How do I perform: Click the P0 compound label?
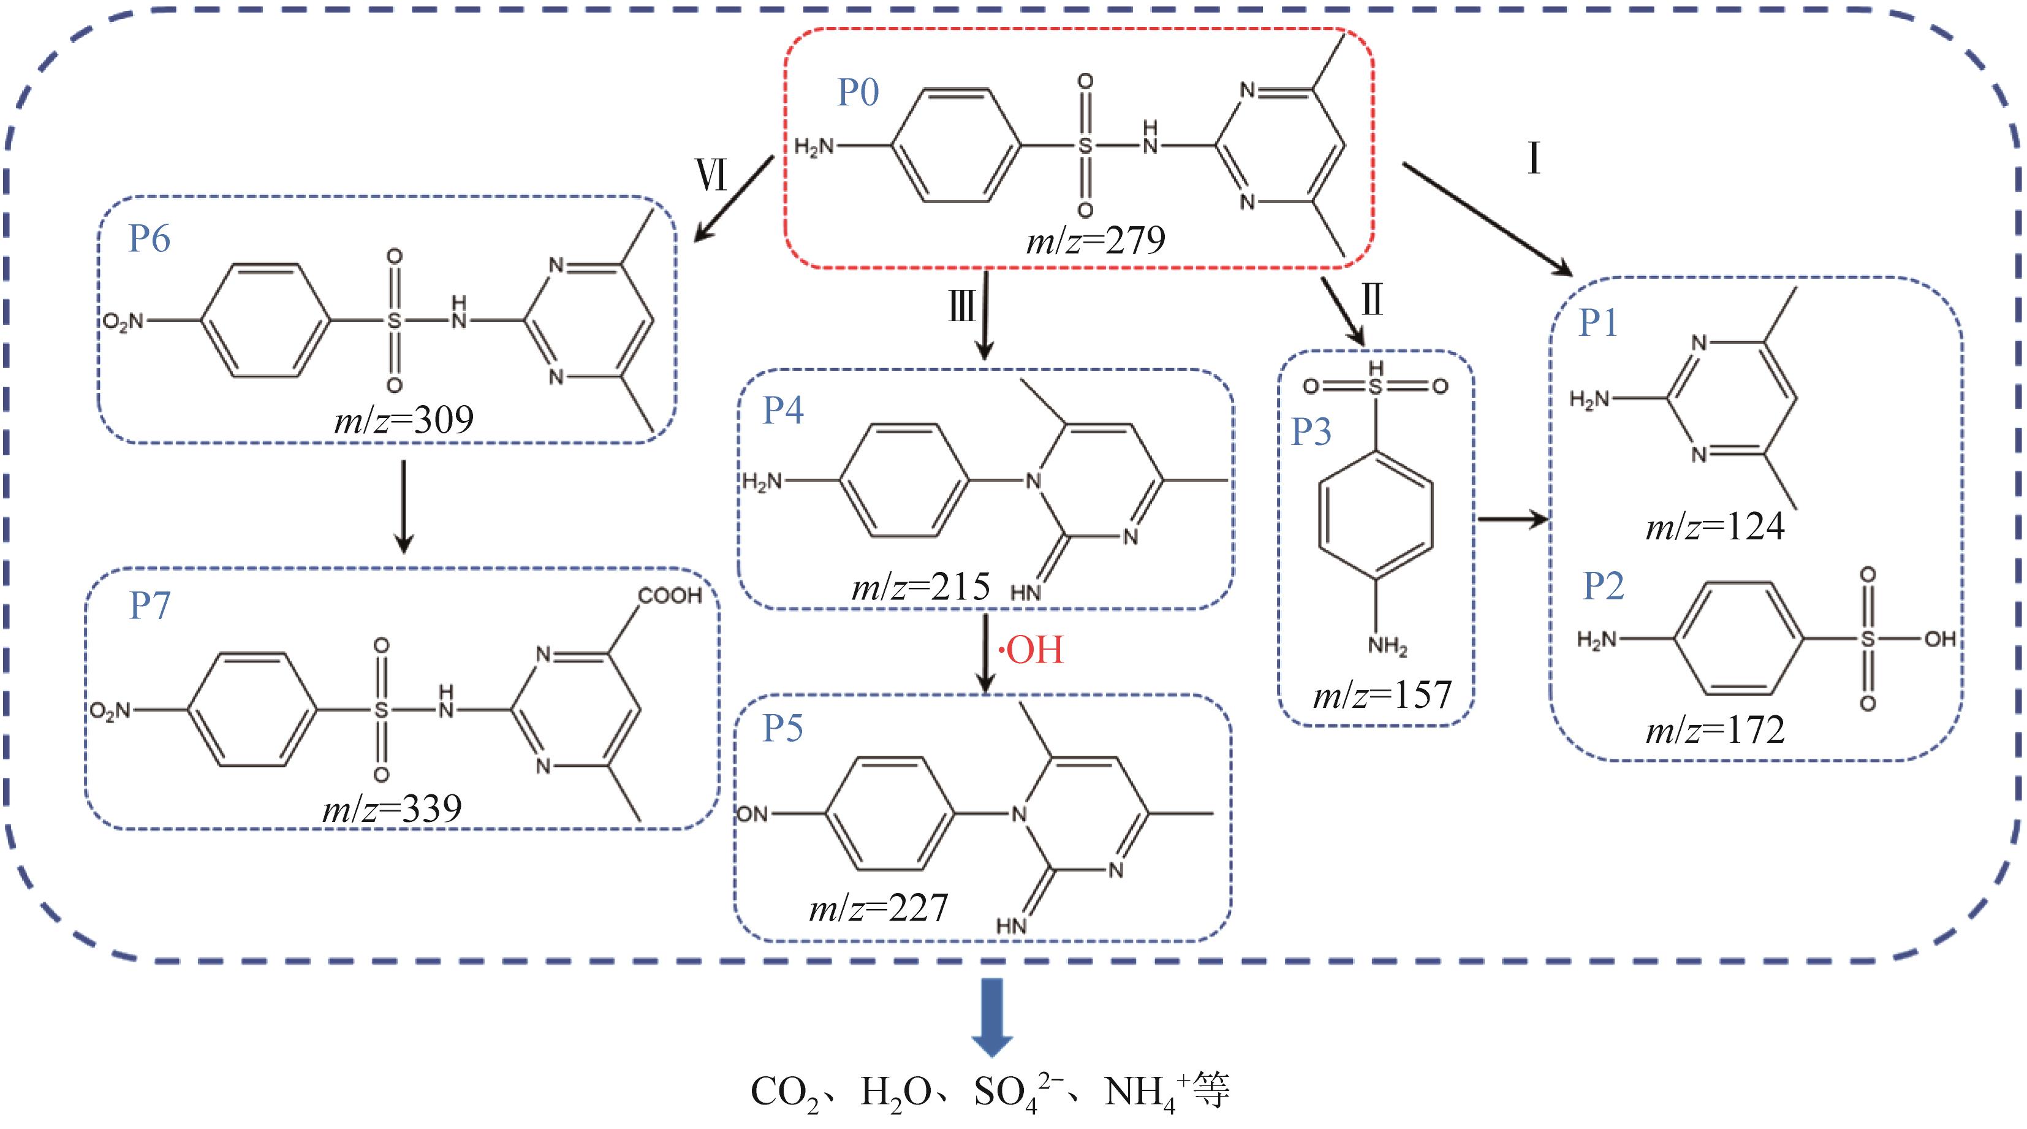pyautogui.click(x=858, y=93)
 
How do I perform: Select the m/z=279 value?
pyautogui.click(x=1096, y=240)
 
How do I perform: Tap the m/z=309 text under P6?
pyautogui.click(x=404, y=420)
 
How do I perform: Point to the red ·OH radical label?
pyautogui.click(x=1031, y=650)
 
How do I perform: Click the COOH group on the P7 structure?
pyautogui.click(x=670, y=595)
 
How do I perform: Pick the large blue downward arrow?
pyautogui.click(x=992, y=1016)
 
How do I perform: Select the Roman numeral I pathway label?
pyautogui.click(x=1533, y=158)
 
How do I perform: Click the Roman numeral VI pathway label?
pyautogui.click(x=711, y=175)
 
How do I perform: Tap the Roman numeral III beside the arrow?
pyautogui.click(x=961, y=306)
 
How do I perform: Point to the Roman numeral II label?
pyautogui.click(x=1373, y=300)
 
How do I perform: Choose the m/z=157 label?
pyautogui.click(x=1382, y=695)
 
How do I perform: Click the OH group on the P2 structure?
pyautogui.click(x=1939, y=639)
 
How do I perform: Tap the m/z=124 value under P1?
pyautogui.click(x=1715, y=526)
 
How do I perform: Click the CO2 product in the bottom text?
pyautogui.click(x=784, y=1093)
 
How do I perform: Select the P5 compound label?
pyautogui.click(x=783, y=728)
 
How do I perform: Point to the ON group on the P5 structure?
pyautogui.click(x=752, y=814)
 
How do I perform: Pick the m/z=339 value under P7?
pyautogui.click(x=392, y=808)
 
